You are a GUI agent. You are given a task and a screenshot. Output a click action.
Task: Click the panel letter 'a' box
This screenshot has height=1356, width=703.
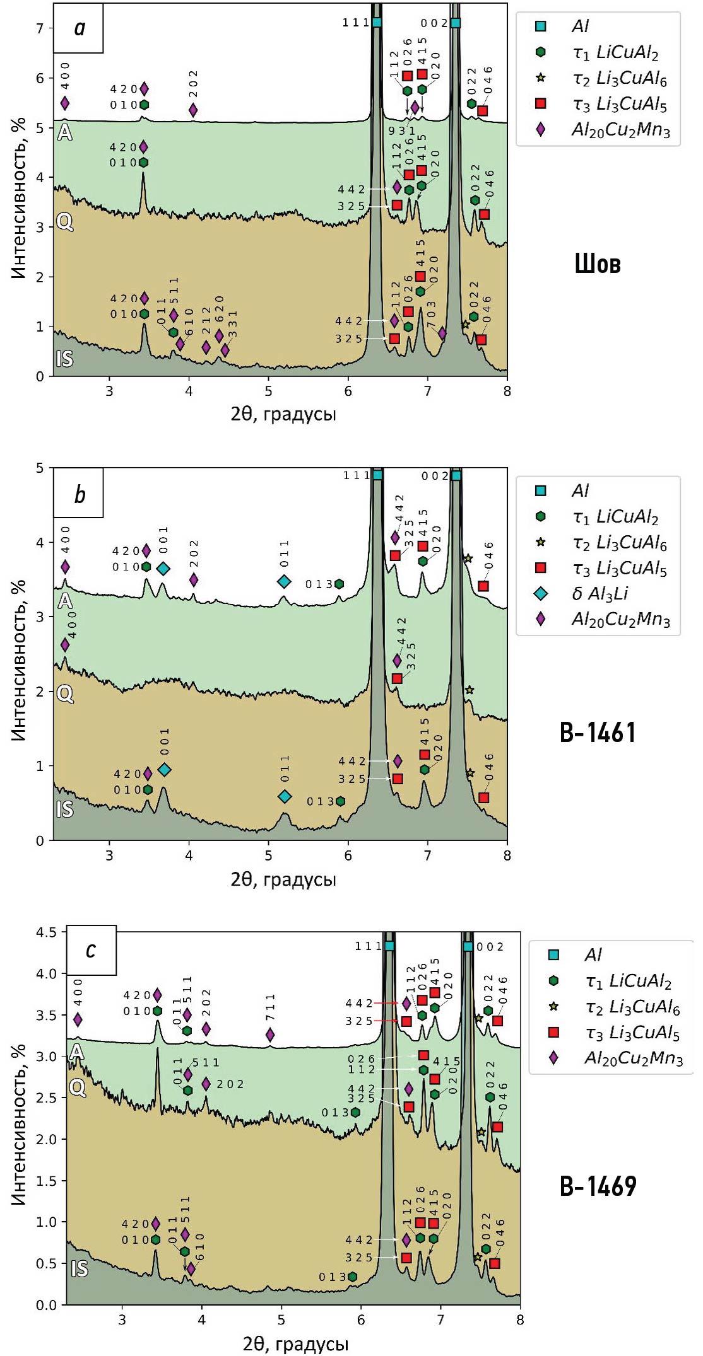pos(79,28)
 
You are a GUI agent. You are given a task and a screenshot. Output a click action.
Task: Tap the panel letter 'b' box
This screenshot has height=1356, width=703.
pos(79,494)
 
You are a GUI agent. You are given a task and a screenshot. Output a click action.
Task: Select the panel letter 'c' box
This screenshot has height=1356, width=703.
pos(91,949)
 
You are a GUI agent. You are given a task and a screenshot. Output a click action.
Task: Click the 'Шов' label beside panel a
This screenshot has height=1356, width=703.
pos(597,264)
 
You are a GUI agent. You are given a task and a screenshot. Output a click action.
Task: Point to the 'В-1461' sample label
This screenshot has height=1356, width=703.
pos(598,733)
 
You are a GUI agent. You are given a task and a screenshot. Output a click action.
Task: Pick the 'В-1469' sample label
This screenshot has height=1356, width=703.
pos(598,1186)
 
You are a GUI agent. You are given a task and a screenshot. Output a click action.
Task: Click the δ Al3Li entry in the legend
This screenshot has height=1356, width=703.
pos(599,594)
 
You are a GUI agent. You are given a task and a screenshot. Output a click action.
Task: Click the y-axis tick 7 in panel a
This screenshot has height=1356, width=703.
pos(40,28)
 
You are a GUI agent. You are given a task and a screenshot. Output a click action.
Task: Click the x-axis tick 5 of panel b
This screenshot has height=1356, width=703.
pos(269,855)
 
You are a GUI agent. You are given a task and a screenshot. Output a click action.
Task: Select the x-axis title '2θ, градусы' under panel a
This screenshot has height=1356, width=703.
pos(283,414)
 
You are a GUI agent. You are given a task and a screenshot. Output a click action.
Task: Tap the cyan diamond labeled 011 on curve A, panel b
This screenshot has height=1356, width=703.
pos(285,581)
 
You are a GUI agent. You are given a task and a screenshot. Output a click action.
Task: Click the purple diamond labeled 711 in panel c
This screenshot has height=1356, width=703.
pos(270,1034)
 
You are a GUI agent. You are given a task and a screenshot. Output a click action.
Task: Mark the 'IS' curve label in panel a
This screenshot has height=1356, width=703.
pos(64,359)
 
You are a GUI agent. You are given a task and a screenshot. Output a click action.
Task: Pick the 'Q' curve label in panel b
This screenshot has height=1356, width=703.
pos(65,694)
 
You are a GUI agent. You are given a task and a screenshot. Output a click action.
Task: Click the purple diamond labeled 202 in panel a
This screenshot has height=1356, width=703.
pos(193,110)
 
